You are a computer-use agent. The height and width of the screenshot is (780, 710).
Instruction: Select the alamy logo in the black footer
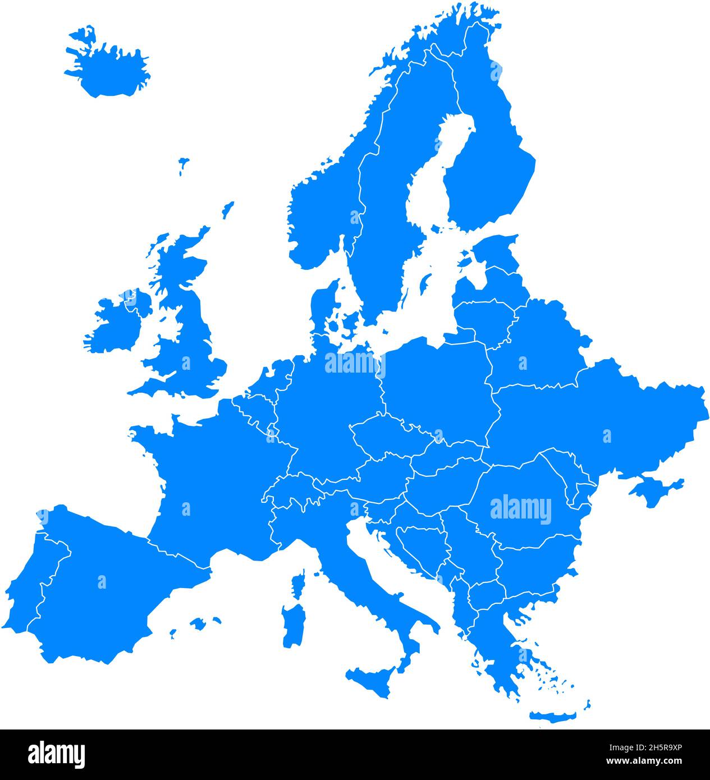point(56,754)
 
